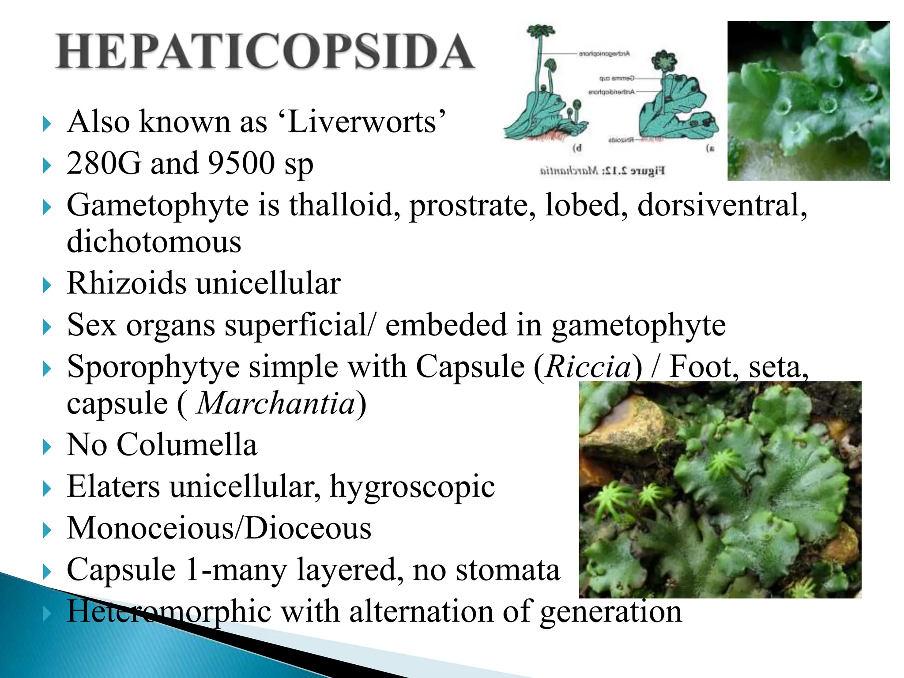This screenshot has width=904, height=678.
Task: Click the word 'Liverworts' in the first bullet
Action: [x=366, y=122]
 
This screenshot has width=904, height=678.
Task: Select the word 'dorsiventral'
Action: [x=722, y=205]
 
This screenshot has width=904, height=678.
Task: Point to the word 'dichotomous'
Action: [x=154, y=242]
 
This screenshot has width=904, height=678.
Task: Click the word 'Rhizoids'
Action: [x=127, y=283]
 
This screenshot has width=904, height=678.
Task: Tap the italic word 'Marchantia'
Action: [x=276, y=403]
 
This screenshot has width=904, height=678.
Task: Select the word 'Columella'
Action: [x=187, y=444]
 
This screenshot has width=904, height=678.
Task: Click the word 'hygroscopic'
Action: [x=412, y=487]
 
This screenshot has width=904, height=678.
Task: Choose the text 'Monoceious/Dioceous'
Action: [x=219, y=528]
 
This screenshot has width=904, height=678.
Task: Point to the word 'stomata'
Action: [x=508, y=570]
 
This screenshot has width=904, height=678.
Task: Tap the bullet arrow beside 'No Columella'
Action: [x=47, y=447]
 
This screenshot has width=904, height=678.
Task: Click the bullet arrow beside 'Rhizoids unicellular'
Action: [x=47, y=285]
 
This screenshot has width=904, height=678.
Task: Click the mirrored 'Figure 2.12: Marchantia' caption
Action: [x=603, y=170]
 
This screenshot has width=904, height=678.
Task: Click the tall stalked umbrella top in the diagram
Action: [x=540, y=31]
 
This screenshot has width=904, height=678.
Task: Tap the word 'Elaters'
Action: [x=113, y=486]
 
